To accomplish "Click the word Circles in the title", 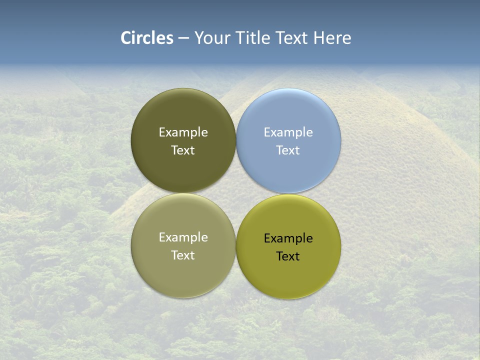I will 147,38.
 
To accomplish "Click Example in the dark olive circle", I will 183,132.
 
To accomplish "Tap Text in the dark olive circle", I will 183,150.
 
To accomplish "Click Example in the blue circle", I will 288,132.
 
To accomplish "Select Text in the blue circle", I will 288,150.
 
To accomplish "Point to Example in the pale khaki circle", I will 183,237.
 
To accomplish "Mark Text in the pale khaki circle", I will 183,255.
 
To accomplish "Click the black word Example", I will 288,238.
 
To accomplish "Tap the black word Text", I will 288,256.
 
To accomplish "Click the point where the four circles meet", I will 236,193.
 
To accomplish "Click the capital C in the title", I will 126,38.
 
